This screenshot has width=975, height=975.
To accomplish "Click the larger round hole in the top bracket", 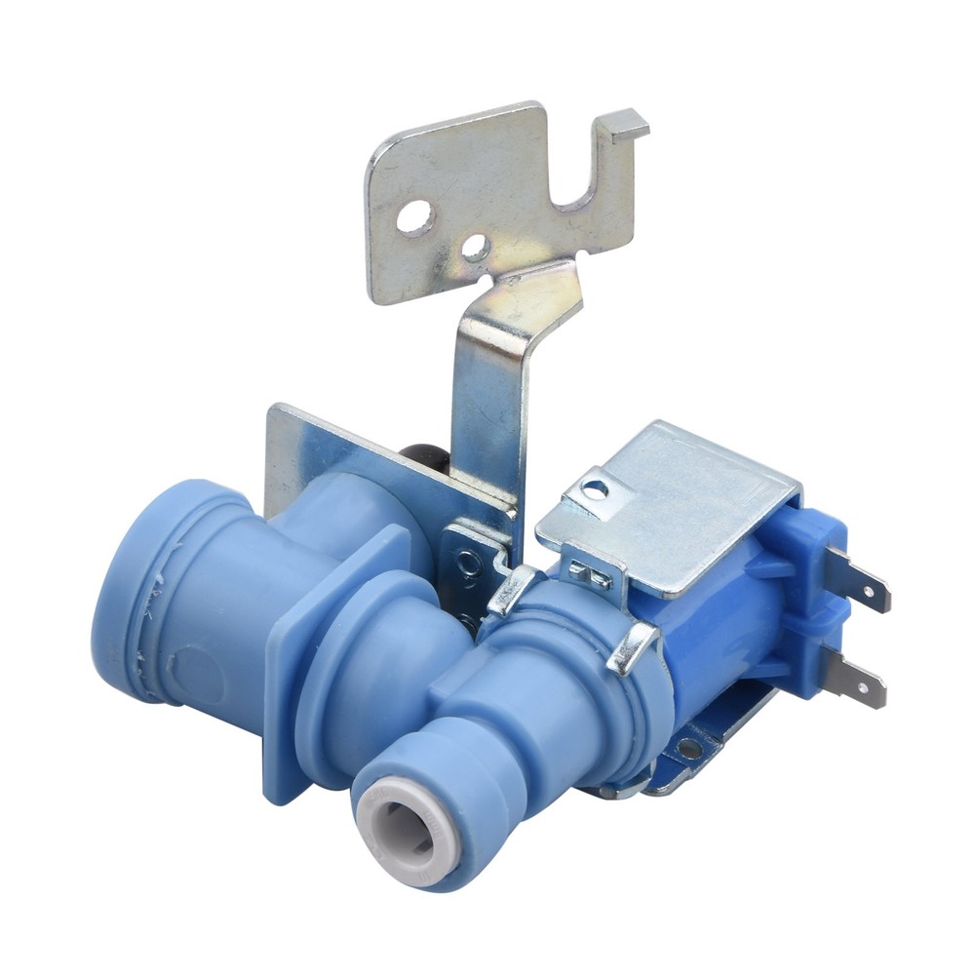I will point(415,217).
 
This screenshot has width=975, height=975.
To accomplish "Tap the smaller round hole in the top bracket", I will point(475,248).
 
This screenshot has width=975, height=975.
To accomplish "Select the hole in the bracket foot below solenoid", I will point(689,749).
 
